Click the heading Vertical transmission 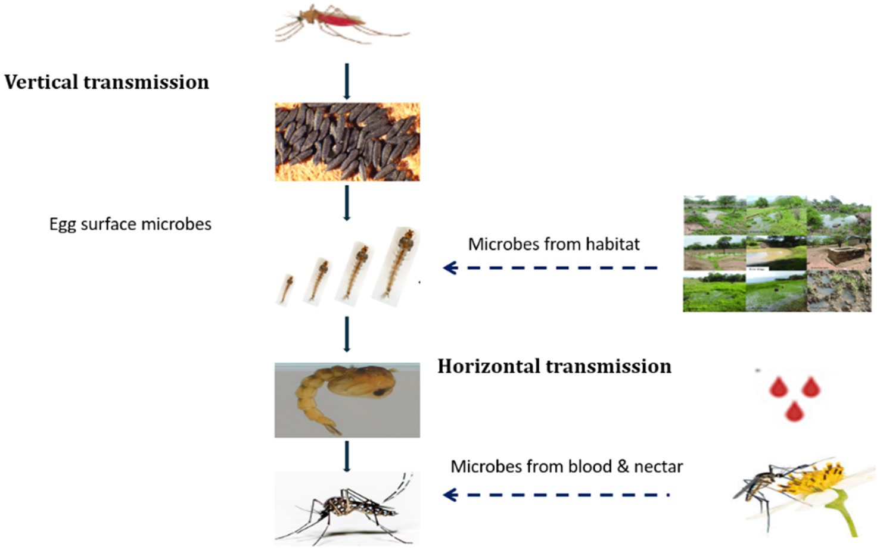coord(107,82)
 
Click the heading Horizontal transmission coord(554,366)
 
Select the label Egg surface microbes coord(130,224)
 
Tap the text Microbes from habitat coord(554,244)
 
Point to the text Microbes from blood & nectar coord(566,466)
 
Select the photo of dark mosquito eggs coord(347,142)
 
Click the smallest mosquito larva coord(287,289)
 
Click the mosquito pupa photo coord(347,400)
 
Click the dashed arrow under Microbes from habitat coord(551,268)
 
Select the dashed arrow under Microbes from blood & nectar coord(556,495)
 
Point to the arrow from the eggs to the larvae coord(347,203)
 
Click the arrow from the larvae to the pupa coord(347,334)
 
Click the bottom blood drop coord(793,411)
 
